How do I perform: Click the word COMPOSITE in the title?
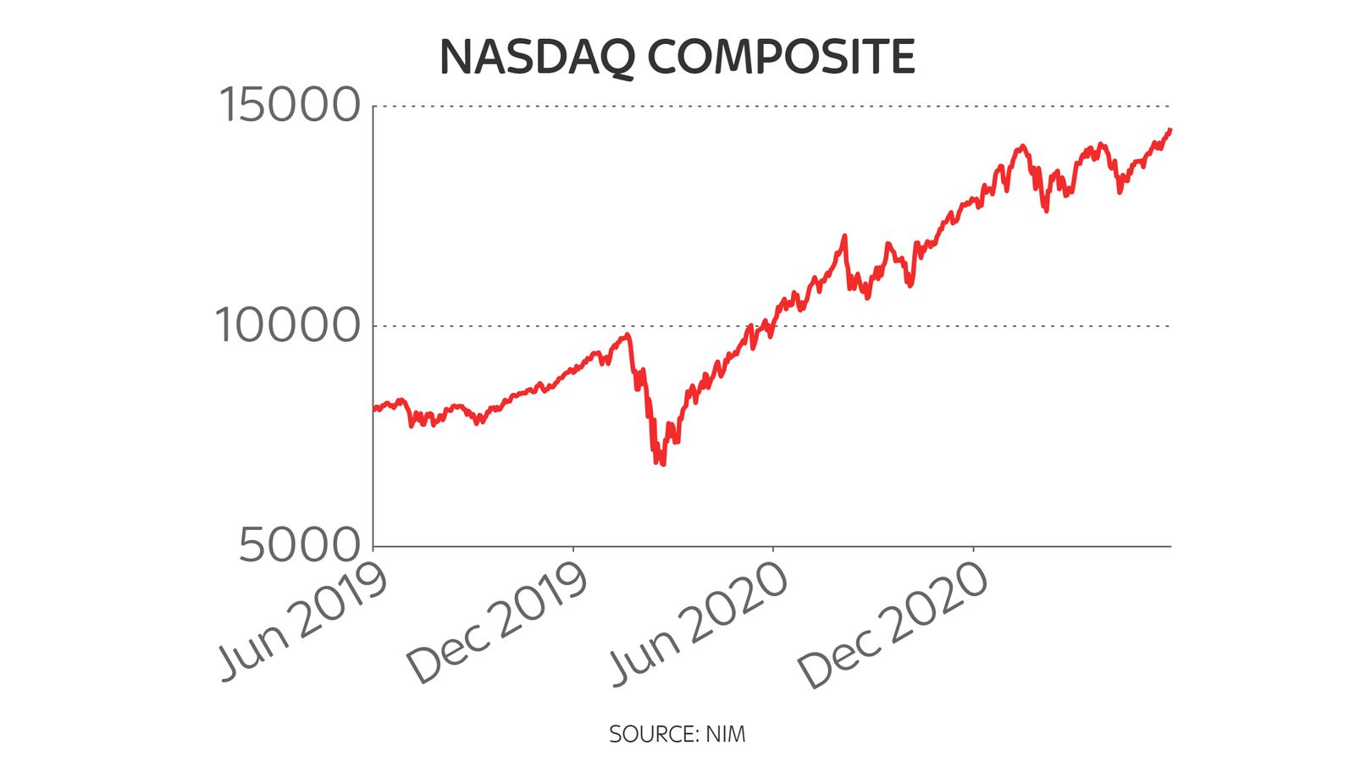click(x=782, y=58)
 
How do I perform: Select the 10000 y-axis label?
click(x=288, y=325)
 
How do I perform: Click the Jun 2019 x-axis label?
click(x=303, y=621)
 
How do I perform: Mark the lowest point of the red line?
click(x=661, y=464)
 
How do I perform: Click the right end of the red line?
click(x=1170, y=130)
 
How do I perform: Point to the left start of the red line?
click(x=374, y=409)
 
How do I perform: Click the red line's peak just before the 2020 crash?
click(x=628, y=334)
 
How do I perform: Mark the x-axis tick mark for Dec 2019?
click(x=573, y=550)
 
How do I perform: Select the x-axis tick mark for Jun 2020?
click(x=773, y=550)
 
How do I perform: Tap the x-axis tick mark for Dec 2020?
click(x=973, y=550)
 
